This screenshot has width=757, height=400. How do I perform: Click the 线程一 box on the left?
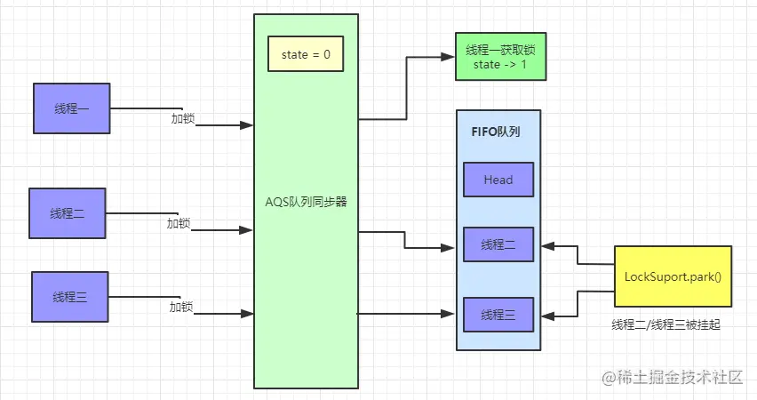coord(71,108)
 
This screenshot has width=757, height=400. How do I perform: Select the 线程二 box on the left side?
coord(68,213)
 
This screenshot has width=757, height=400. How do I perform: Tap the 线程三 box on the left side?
coord(70,297)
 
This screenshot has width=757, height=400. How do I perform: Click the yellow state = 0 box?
coord(306,53)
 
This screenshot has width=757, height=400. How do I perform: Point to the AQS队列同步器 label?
coord(306,202)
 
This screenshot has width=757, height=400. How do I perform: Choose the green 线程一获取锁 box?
coord(500,57)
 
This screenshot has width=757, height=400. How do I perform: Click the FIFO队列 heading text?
coord(496,132)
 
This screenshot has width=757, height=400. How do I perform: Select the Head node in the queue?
coord(498,180)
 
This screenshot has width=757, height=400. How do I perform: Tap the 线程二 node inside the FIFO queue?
coord(498,244)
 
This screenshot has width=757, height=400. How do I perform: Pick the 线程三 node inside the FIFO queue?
coord(498,315)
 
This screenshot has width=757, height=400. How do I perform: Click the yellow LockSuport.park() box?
coord(673,276)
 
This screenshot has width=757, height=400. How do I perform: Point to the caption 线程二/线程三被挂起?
coord(665,324)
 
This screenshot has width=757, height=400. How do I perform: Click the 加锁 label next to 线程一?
coord(183,118)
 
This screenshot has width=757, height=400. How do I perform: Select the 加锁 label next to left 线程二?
coord(179,223)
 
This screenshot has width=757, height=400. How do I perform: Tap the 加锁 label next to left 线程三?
coord(181,307)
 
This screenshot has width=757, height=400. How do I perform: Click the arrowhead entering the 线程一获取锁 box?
coord(448,57)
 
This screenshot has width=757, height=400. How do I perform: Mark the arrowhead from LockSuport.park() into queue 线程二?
coord(547,246)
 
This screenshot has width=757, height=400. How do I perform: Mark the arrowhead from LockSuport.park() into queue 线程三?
coord(547,316)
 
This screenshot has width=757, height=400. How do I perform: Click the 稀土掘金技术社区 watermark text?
coord(680,377)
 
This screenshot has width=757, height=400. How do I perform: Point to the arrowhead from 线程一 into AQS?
coord(247,125)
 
